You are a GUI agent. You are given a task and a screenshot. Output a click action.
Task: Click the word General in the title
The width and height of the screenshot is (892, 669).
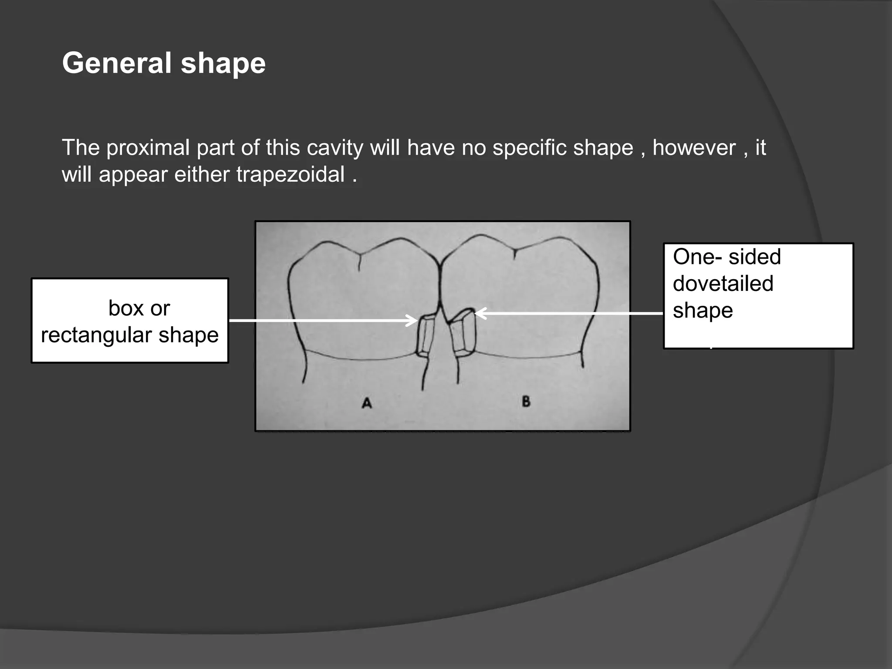117,63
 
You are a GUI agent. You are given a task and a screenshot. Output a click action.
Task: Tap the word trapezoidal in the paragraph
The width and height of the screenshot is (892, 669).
290,175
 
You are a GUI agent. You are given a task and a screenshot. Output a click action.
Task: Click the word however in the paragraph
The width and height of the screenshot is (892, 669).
694,148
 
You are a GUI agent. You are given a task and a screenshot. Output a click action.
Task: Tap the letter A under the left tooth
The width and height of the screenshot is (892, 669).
367,403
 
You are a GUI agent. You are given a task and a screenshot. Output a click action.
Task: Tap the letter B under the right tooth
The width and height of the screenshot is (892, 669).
526,401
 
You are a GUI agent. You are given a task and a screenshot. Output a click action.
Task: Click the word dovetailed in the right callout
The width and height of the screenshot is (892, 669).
723,284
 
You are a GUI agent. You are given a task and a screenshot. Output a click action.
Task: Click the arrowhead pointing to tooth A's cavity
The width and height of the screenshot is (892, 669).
413,321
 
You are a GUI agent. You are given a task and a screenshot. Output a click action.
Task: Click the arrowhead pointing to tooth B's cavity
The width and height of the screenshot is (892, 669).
479,313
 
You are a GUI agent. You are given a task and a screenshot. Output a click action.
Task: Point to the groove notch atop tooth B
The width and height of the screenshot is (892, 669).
515,253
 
